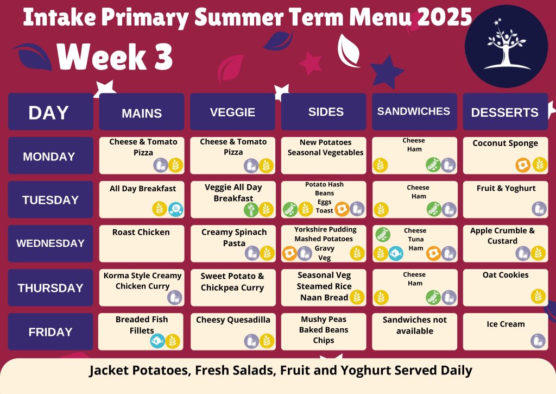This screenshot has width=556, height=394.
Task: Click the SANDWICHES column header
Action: [414, 111]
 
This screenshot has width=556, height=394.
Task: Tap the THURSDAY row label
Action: [50, 288]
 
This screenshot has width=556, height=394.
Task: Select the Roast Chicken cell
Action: [142, 243]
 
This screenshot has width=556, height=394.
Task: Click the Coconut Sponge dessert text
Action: [506, 143]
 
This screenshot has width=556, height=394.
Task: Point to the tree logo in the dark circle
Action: [506, 46]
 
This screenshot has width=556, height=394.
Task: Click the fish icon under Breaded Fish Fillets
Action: [157, 341]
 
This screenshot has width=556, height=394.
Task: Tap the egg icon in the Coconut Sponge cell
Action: [523, 165]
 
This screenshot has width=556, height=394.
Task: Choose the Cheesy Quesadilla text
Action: [233, 320]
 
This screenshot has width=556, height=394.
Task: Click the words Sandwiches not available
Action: [414, 326]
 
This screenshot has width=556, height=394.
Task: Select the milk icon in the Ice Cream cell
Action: [538, 341]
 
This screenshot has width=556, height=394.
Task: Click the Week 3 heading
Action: [114, 57]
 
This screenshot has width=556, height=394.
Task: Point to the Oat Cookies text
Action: [506, 275]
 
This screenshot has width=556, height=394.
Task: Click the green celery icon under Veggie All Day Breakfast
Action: [251, 209]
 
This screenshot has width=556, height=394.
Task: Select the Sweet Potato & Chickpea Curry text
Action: [232, 282]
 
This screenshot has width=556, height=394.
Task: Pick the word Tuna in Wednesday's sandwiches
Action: [415, 239]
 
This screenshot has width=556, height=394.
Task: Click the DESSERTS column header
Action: [505, 112]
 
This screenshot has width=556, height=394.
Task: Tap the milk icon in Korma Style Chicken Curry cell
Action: [174, 297]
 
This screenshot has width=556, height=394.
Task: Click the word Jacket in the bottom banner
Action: [109, 371]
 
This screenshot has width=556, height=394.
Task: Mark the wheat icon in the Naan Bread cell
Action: [357, 297]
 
